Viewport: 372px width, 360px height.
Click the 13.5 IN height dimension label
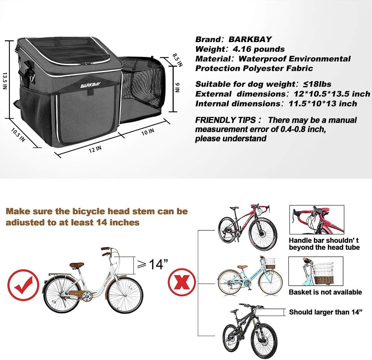tap(5, 81)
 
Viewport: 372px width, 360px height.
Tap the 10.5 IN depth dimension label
tap(18, 135)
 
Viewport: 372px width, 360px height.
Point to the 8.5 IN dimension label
tap(178, 60)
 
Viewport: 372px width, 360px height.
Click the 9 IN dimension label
tap(178, 87)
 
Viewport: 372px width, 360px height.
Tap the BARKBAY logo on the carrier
tap(91, 85)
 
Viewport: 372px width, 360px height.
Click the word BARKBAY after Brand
tap(250, 39)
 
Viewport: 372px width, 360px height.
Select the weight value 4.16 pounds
tap(259, 49)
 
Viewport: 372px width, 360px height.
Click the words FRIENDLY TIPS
tap(225, 120)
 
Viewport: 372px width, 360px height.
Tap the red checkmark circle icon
tap(23, 285)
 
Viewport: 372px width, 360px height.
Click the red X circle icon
tap(182, 282)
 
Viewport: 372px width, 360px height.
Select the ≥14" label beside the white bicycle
tap(153, 265)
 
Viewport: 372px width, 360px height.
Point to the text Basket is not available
tap(325, 292)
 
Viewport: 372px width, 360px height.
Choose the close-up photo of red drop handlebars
tap(317, 220)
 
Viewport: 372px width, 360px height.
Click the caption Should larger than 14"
tap(325, 312)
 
